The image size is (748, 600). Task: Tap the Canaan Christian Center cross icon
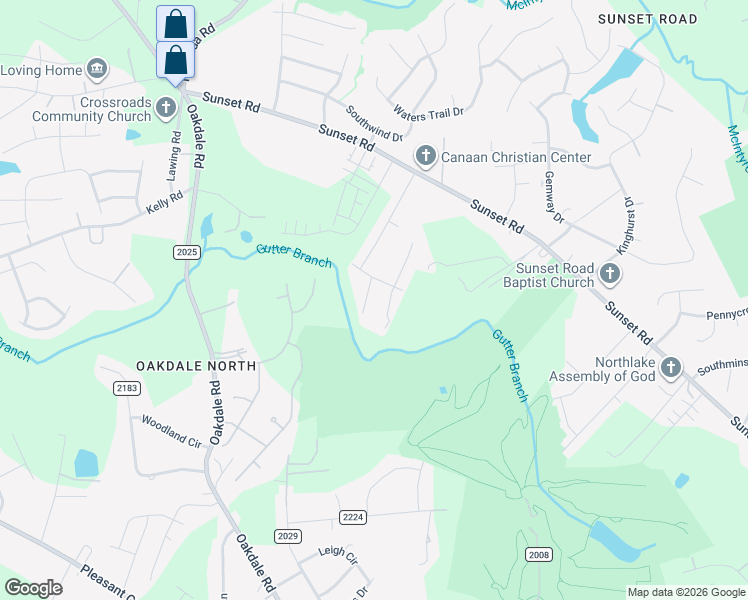pos(426,156)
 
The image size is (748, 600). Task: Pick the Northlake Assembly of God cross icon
pos(670,368)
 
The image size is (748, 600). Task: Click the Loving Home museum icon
pos(97,69)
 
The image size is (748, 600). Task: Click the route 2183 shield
pos(126,387)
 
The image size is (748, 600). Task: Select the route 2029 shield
pos(288,536)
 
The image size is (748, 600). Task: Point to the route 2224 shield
pos(353,516)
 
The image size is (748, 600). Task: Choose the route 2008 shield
pos(538,553)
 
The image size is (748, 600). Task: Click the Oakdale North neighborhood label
pos(190,366)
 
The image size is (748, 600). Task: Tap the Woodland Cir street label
pos(171,429)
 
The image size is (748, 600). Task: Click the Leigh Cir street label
pos(337,556)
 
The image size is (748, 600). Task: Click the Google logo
pos(34,588)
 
